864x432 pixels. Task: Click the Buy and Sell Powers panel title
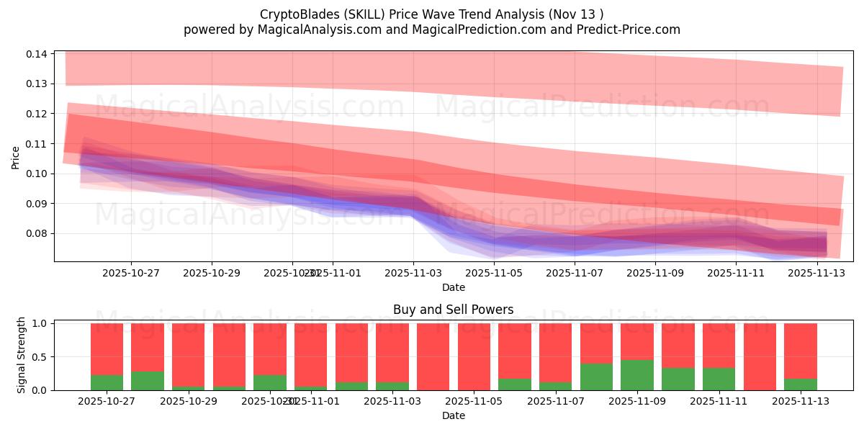pos(453,310)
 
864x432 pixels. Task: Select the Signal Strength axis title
pos(22,355)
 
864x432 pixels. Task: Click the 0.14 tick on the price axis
pos(37,54)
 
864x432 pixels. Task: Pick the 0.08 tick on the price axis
pos(37,233)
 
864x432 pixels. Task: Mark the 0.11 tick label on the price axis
pos(37,144)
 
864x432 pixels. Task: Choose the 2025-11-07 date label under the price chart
pos(575,274)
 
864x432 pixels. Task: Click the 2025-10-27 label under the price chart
pos(131,274)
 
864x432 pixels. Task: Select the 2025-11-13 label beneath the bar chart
pos(801,402)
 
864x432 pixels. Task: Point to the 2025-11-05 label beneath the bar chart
pos(474,402)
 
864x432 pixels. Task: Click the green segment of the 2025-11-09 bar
pos(637,375)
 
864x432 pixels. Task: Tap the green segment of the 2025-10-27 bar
pos(107,382)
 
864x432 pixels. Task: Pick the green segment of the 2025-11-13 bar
pos(801,384)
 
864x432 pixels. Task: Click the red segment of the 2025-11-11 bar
pos(719,346)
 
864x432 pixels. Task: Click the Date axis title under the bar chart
pos(453,415)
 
